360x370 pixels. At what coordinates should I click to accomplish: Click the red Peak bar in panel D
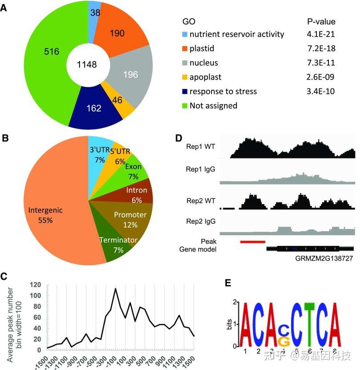pyautogui.click(x=252, y=241)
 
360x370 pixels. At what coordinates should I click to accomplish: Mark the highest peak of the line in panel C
pyautogui.click(x=116, y=289)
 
